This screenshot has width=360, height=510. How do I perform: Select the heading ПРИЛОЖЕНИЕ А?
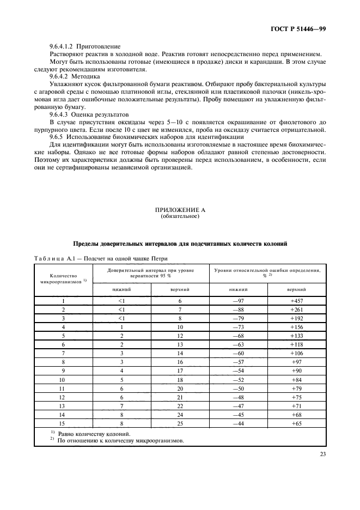[x=179, y=210]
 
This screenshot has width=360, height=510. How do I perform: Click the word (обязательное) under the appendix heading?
[x=179, y=216]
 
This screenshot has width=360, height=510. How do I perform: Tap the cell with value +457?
[x=296, y=301]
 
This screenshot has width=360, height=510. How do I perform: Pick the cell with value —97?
[x=238, y=301]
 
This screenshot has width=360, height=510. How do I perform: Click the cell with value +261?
[x=296, y=309]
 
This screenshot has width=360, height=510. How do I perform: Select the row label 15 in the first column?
[x=64, y=423]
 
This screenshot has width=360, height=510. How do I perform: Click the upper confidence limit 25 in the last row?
[x=180, y=423]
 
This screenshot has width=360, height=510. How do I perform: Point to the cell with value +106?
[x=296, y=353]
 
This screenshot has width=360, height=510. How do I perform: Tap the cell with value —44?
[x=238, y=423]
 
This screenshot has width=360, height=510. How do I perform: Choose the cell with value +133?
[x=296, y=336]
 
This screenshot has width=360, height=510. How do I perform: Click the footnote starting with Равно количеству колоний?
[x=84, y=433]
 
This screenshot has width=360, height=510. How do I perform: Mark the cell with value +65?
[x=296, y=423]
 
